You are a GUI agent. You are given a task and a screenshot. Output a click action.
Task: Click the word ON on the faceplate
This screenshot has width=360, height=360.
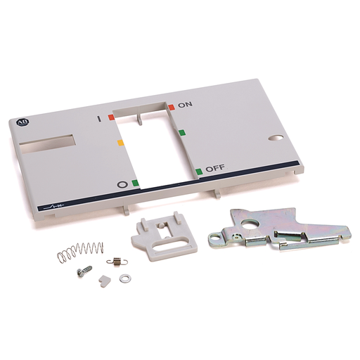point(185,105)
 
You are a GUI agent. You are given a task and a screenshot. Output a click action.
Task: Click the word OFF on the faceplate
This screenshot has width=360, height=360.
point(215,168)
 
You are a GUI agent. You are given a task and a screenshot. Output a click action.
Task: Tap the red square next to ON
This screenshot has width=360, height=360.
point(172,107)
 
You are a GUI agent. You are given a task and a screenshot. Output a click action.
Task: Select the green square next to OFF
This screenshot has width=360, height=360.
point(199,172)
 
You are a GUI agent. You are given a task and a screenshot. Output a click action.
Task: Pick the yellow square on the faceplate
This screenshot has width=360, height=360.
point(120,143)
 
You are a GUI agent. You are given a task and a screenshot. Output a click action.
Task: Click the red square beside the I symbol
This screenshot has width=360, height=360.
point(111,117)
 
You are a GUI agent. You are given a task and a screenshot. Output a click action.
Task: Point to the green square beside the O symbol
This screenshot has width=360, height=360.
point(135,183)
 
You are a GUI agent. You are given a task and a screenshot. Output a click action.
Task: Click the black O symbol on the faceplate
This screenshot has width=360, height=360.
point(122,185)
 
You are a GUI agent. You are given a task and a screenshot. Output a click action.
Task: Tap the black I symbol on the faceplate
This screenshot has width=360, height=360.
point(99,119)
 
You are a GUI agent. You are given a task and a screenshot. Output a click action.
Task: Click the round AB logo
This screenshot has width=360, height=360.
point(23,122)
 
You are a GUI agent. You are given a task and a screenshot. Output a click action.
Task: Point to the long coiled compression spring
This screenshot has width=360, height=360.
point(80,252)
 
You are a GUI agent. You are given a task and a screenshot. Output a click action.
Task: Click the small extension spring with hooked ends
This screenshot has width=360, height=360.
point(117,262)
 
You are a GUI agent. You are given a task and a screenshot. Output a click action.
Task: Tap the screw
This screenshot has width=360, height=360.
point(84,270)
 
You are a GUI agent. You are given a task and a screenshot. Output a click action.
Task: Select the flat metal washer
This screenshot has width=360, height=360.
point(125,278)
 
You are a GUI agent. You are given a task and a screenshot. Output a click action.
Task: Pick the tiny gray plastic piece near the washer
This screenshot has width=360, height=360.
point(103,281)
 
